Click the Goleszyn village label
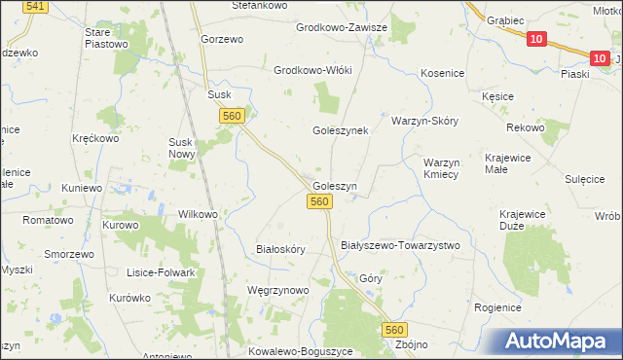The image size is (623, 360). [335, 185]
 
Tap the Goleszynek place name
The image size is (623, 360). [340, 130]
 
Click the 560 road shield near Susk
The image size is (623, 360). [231, 116]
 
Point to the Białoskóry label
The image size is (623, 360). [280, 249]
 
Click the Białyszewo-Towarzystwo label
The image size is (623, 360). [399, 245]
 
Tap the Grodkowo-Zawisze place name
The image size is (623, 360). [342, 27]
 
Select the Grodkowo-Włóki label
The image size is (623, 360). [312, 71]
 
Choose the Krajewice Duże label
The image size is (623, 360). [524, 220]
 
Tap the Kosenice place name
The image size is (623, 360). [442, 73]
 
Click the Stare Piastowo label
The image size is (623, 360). [106, 38]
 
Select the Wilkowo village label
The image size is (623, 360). [198, 213]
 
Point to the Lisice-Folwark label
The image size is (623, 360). [156, 272]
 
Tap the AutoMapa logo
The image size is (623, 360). [558, 341]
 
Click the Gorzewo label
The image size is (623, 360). [221, 38]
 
